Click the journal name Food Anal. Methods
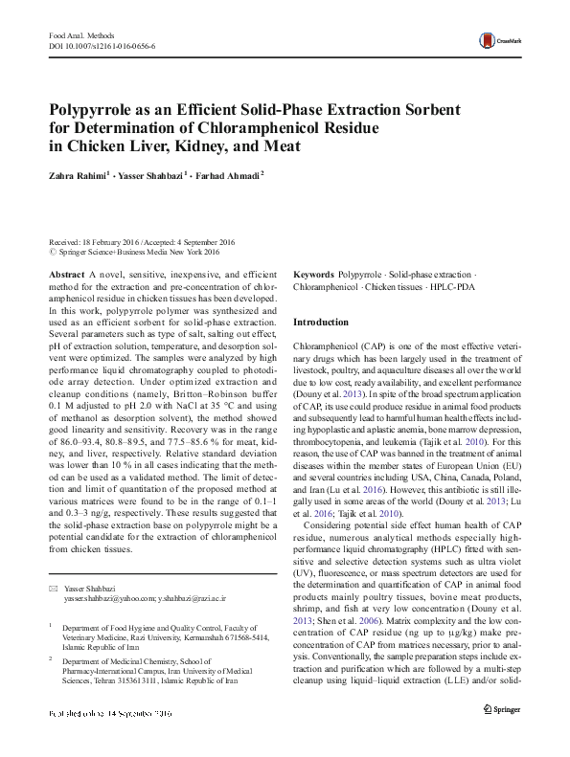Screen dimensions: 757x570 [x=75, y=34]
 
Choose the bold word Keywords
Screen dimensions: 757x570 [x=313, y=274]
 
